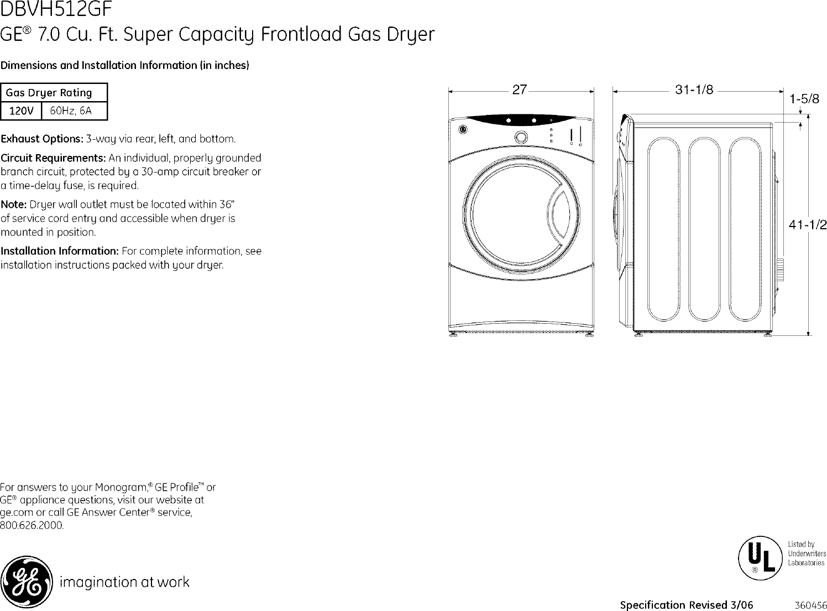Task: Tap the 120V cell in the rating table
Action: click(x=22, y=111)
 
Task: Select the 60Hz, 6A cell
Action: click(x=70, y=111)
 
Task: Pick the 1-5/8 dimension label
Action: click(x=804, y=99)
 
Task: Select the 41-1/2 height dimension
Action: click(x=808, y=225)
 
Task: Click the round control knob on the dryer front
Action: click(x=521, y=137)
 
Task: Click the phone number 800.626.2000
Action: click(x=32, y=525)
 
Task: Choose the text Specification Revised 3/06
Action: click(x=686, y=604)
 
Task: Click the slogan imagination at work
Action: click(x=124, y=582)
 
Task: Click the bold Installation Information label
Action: click(x=60, y=251)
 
